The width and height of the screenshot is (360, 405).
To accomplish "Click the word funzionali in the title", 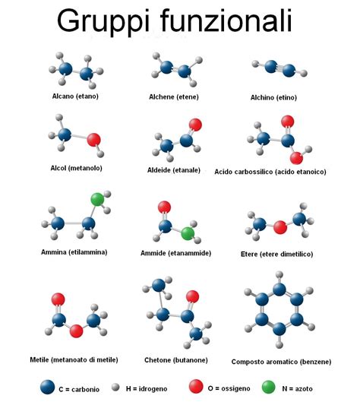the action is click(x=226, y=20).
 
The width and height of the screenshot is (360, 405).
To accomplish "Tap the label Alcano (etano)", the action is click(x=75, y=97).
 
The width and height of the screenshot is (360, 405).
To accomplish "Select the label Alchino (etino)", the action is click(x=273, y=97).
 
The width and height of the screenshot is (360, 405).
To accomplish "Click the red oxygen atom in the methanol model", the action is click(x=93, y=140).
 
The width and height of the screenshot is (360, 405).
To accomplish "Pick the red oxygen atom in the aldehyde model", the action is click(x=195, y=125).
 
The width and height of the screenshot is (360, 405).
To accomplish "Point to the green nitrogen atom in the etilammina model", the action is click(x=98, y=199).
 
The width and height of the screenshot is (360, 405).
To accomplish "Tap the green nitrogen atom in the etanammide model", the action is click(x=188, y=234).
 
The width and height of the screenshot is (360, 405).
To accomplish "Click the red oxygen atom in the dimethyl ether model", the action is click(x=280, y=227).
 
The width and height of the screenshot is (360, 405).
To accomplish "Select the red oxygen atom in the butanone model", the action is click(x=192, y=296).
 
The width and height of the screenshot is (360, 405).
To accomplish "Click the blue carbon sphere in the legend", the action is click(x=48, y=388).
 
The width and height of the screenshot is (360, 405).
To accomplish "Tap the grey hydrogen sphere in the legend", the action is click(x=115, y=388).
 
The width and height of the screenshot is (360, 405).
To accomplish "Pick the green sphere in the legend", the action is click(x=269, y=388).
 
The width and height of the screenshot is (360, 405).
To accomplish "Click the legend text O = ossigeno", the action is click(x=229, y=388).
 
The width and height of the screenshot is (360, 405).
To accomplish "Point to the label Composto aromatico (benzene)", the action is click(x=281, y=362).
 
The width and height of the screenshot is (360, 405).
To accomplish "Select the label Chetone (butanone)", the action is click(x=176, y=360).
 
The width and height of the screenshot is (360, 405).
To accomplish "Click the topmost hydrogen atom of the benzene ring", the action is click(x=279, y=274).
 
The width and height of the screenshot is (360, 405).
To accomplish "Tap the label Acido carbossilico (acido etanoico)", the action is click(x=270, y=172).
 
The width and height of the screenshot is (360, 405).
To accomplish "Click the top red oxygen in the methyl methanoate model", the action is click(x=58, y=299).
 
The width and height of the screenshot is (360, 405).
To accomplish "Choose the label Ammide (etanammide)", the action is click(x=176, y=253).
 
